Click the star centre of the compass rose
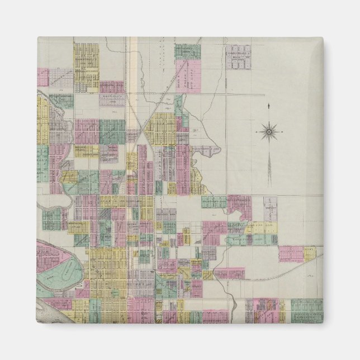coord(269,132)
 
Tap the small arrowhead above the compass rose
coord(269,106)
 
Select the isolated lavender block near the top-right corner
coord(238,56)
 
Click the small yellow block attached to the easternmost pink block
coord(309,253)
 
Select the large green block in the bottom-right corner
coord(306,310)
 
